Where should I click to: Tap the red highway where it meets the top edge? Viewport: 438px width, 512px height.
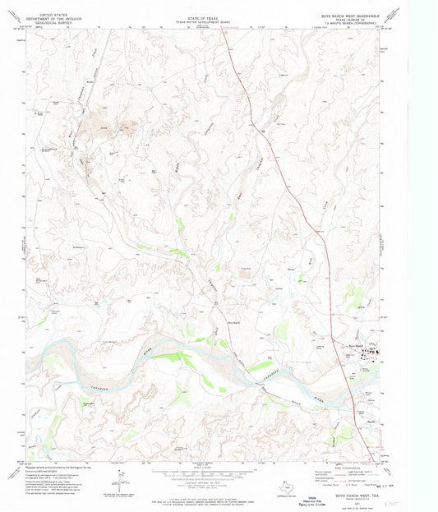[x=224, y=32]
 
